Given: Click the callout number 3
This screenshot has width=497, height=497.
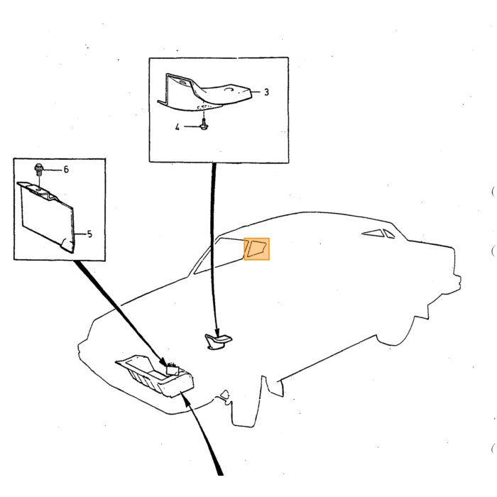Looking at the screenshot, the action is click(x=266, y=92).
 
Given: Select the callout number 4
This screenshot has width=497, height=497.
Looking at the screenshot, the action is click(x=177, y=127).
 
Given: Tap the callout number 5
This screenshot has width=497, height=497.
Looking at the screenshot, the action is click(x=89, y=234).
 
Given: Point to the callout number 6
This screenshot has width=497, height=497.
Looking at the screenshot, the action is click(x=66, y=170).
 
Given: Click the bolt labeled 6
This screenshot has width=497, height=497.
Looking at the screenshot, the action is click(x=39, y=169).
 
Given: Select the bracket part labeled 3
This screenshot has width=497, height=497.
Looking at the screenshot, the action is click(x=204, y=92).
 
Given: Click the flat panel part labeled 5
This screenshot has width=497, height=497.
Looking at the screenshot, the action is click(x=48, y=216).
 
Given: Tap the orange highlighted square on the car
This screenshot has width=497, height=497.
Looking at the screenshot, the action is click(x=257, y=249).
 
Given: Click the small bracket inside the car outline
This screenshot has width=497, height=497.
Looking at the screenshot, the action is click(x=218, y=342).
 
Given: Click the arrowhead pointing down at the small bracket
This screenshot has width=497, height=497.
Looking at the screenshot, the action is click(x=217, y=332).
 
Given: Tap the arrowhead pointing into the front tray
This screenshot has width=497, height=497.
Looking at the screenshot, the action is click(x=163, y=361).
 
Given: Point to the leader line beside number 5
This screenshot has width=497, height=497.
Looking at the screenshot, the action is click(x=81, y=234).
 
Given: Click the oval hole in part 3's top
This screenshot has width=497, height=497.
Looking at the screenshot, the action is click(x=229, y=90).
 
